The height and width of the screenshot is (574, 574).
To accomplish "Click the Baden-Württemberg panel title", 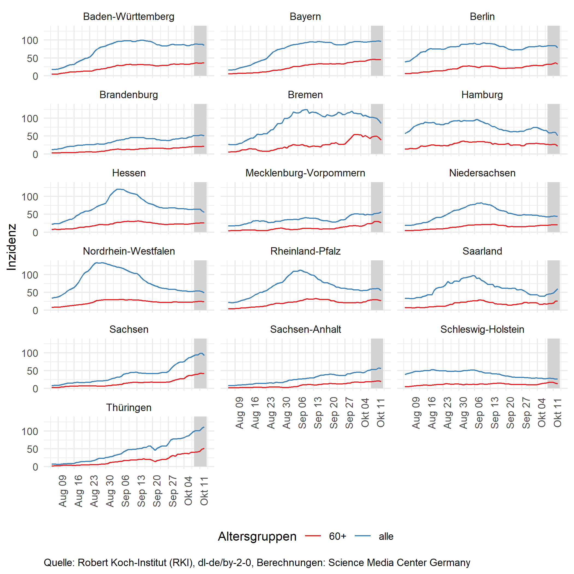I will [129, 17].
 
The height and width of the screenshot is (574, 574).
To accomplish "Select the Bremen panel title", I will [305, 95].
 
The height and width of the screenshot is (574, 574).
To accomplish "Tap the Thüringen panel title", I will [129, 407].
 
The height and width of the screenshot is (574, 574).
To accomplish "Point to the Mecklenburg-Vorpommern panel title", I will [305, 173].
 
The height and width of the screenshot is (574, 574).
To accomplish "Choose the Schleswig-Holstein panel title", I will [482, 329].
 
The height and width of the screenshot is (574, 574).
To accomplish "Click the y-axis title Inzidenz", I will [11, 247].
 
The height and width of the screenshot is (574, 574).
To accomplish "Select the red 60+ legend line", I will [313, 536].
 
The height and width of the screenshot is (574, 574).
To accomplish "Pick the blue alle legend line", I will [362, 536].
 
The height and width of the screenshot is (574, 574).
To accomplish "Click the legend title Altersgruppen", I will [257, 536].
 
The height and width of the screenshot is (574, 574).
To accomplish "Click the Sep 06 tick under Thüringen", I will [126, 491].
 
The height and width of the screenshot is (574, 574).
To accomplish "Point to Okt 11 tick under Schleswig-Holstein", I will [557, 413].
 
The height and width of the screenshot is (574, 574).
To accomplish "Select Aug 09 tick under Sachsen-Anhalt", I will [239, 413].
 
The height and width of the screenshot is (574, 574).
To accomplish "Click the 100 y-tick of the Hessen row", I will [30, 197].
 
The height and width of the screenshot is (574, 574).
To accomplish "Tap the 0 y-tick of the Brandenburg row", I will [35, 154].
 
